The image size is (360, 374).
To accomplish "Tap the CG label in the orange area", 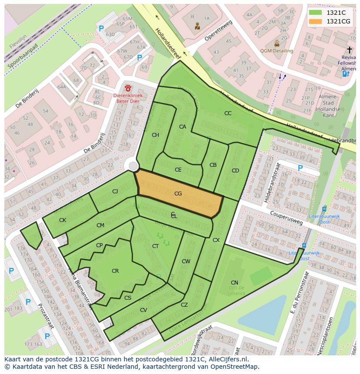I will click(178, 194).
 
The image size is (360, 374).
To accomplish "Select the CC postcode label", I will click(228, 113).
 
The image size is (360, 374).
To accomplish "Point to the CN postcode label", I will click(234, 283).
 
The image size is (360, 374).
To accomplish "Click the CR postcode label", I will click(115, 271).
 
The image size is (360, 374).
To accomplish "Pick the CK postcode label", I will click(63, 220).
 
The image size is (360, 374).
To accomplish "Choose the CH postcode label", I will click(155, 135).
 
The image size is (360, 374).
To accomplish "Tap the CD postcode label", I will click(235, 170).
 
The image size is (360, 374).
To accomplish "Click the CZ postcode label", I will click(184, 305).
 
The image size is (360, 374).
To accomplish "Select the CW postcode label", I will click(186, 261).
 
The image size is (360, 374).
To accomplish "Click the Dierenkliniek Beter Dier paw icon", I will click(128, 88).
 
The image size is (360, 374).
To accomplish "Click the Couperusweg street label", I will click(286, 218).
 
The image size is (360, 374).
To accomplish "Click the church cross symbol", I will click(350, 50).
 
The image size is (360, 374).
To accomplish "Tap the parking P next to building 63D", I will click(101, 28).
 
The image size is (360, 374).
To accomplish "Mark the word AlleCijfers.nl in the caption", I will click(227, 359).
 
